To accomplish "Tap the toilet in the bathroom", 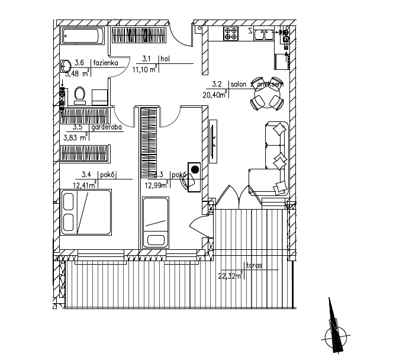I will pos(81,95).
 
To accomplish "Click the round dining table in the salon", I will pos(265,94).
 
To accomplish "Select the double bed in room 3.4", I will pos(86,213).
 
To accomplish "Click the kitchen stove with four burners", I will pos(229,34).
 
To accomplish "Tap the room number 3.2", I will pos(216,85).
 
